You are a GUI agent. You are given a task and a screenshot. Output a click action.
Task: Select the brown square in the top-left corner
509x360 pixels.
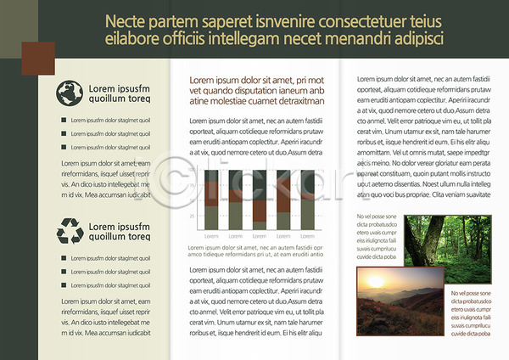(x=37, y=57)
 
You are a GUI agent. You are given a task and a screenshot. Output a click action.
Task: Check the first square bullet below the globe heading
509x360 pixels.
(x=64, y=120)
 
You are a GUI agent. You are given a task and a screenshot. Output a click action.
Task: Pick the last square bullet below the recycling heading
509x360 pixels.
(x=64, y=286)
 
